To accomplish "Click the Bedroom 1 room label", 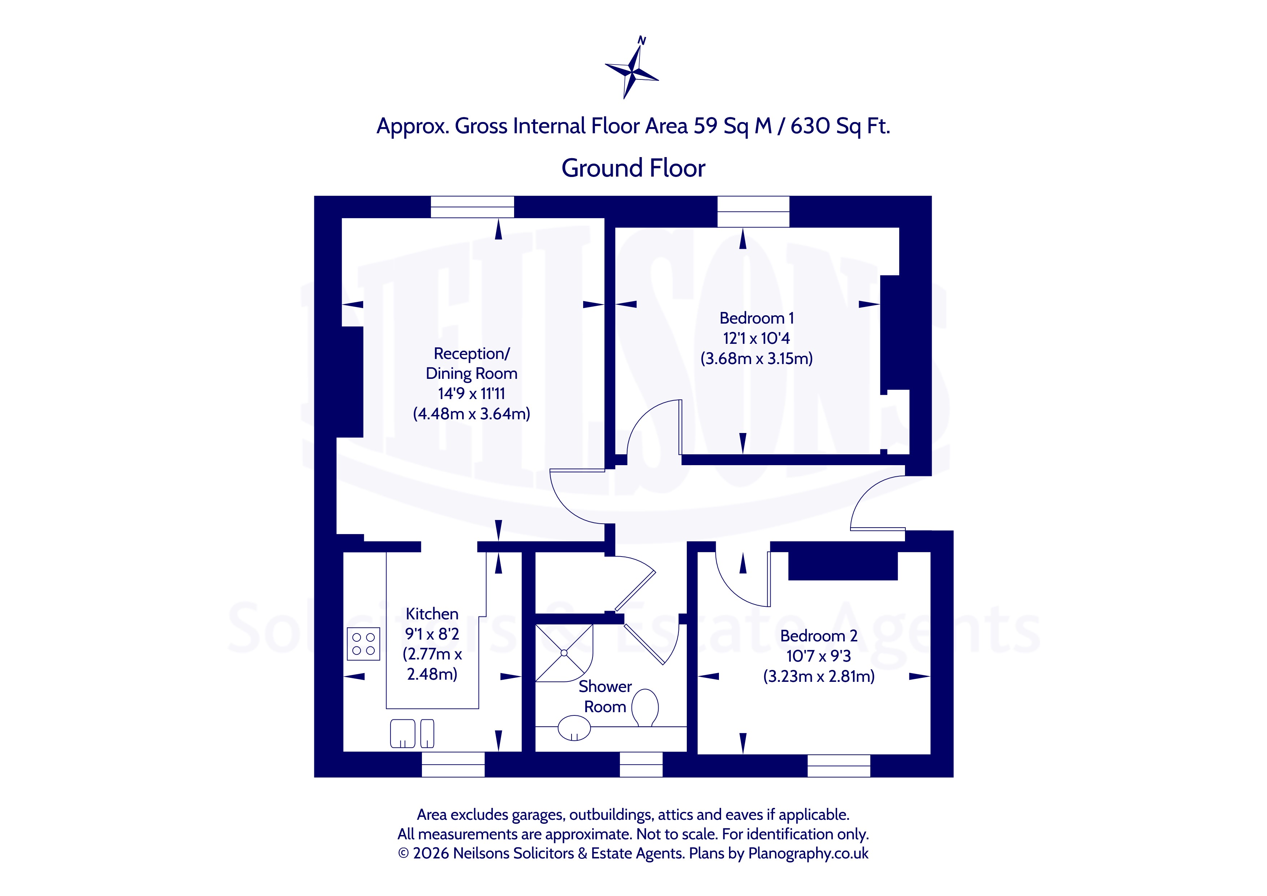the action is [x=757, y=318].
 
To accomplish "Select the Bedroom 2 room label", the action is [x=819, y=636].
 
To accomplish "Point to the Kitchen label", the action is [x=432, y=614].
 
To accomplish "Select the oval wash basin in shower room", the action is [x=574, y=728].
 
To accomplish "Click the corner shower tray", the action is [x=564, y=653].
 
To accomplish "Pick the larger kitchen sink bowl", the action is [x=403, y=733].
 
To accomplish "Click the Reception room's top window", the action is [x=472, y=207].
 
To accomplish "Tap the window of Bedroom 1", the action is [x=753, y=212].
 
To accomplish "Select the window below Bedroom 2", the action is [x=839, y=766].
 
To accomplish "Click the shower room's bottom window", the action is [x=641, y=764].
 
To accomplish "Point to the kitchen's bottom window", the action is [x=453, y=764].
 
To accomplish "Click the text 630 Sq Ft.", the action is [x=840, y=126].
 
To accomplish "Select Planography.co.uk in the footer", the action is [x=809, y=853].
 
